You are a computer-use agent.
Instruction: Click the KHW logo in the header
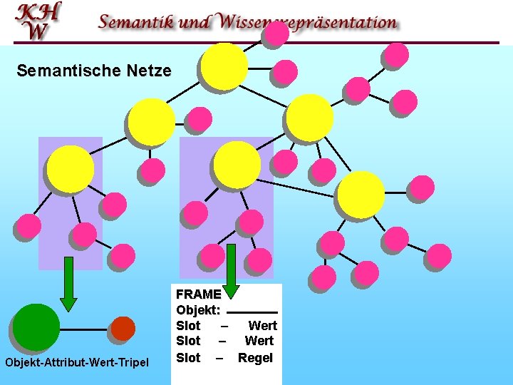[38, 21]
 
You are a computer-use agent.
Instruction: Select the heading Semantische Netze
[94, 71]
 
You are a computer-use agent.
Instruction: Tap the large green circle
[36, 327]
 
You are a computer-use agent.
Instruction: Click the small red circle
[123, 328]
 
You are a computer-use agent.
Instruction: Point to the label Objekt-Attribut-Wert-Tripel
[77, 363]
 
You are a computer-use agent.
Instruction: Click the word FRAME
[198, 294]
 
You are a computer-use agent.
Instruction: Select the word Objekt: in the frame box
[198, 310]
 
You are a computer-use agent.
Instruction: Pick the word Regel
[255, 357]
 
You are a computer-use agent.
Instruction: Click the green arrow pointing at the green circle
[68, 284]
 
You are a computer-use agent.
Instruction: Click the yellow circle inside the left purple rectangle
[70, 169]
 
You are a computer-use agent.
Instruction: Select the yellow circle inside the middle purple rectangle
[237, 165]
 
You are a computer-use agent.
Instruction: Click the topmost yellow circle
[224, 66]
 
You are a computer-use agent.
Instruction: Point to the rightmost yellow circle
[361, 194]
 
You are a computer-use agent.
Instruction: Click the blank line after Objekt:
[252, 312]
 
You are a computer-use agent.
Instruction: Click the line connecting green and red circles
[85, 329]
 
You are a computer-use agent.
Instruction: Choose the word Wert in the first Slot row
[262, 326]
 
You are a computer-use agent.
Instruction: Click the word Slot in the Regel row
[188, 357]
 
